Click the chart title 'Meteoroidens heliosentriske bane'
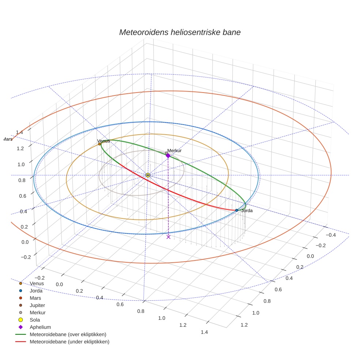[x=180, y=32]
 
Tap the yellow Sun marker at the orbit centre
[x=148, y=175]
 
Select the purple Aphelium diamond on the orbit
[x=168, y=155]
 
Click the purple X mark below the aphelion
[x=168, y=237]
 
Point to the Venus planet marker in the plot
[x=100, y=144]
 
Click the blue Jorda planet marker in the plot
[x=237, y=210]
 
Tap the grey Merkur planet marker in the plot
[x=166, y=153]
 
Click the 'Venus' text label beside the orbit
[x=104, y=141]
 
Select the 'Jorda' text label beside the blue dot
[x=247, y=211]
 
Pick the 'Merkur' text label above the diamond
[x=175, y=151]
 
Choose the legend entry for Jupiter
[x=38, y=305]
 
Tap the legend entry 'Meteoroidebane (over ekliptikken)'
[x=68, y=334]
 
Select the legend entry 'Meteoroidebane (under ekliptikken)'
[x=70, y=342]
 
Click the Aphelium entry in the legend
[x=40, y=327]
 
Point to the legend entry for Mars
[x=35, y=298]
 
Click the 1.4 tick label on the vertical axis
[x=19, y=132]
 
